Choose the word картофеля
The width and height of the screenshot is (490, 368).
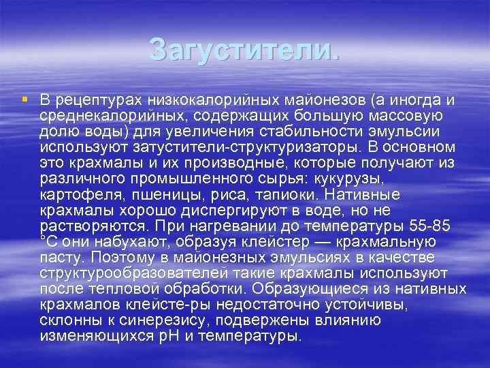[73, 194]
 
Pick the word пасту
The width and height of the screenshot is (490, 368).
[59, 257]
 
